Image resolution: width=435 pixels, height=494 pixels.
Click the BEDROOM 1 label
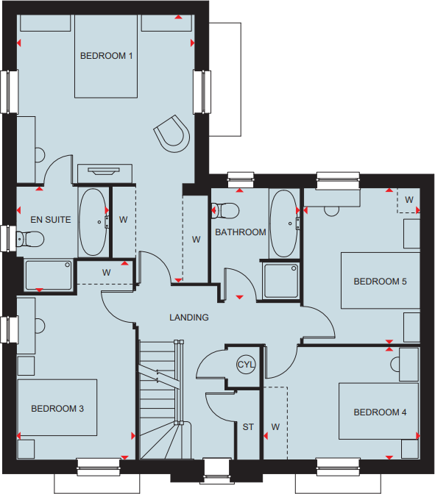[107, 56]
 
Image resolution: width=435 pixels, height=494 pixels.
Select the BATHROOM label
[240, 232]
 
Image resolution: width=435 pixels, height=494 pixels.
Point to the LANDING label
[189, 318]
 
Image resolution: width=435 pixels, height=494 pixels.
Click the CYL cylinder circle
[245, 365]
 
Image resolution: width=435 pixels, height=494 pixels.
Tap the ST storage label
[248, 426]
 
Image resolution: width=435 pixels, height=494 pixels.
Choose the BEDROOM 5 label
[380, 282]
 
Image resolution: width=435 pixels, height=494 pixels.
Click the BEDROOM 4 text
[380, 412]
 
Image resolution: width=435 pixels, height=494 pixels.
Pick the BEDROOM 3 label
[57, 409]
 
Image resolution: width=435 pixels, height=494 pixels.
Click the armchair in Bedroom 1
[172, 133]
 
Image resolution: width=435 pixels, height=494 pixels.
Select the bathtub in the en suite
[93, 222]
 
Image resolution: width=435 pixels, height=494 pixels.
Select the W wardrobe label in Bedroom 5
[409, 199]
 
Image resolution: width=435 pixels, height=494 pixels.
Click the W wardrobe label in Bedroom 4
[275, 426]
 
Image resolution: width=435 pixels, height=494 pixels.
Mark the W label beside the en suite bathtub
[124, 219]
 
